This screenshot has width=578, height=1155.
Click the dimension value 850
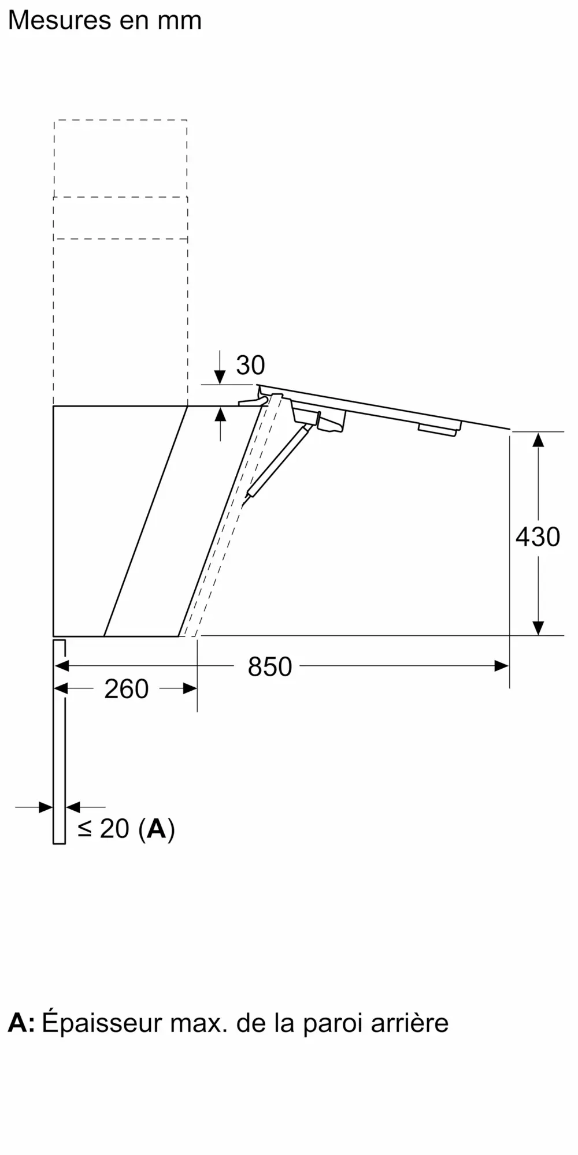(x=269, y=667)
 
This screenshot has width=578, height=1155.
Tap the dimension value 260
(x=126, y=689)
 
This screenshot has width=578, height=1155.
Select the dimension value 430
(x=538, y=537)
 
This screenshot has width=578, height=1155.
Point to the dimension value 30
(x=250, y=365)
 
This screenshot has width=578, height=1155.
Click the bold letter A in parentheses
(x=156, y=829)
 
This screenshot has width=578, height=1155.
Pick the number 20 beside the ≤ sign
(x=114, y=829)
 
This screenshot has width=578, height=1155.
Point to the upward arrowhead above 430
(x=538, y=440)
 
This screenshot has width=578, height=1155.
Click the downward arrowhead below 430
(x=538, y=627)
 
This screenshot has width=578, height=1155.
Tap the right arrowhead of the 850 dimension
(x=502, y=666)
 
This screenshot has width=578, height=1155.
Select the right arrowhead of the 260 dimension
(x=190, y=688)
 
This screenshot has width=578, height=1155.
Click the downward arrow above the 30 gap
(x=220, y=377)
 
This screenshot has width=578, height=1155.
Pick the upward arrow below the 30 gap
(x=220, y=415)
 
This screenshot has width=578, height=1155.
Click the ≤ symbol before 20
(x=85, y=829)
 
